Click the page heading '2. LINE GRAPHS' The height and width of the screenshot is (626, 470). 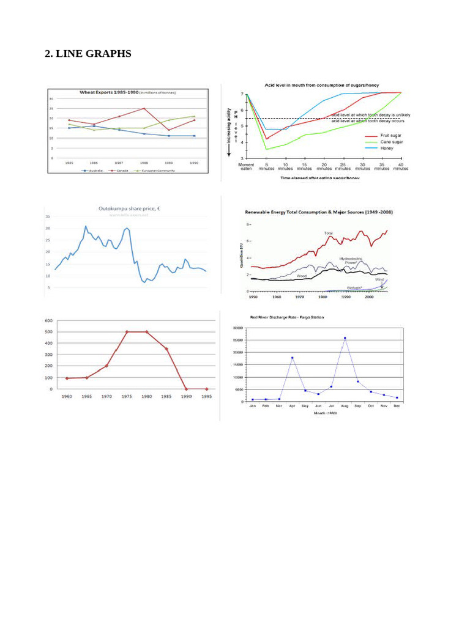pos(88,54)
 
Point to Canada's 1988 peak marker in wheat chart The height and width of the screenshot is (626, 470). pos(144,108)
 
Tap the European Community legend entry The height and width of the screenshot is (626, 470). pos(157,171)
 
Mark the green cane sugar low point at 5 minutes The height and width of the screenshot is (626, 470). pos(266,149)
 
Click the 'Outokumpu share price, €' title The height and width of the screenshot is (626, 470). pos(130,208)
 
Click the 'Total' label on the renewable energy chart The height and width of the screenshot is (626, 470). pos(329,233)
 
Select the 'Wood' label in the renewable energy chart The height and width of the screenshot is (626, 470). pos(301,276)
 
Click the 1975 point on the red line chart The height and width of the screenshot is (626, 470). pos(127,332)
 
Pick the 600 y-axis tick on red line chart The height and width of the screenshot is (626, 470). pos(48,320)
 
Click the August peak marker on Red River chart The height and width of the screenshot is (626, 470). pos(345,337)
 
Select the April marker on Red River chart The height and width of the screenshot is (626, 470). pos(292,358)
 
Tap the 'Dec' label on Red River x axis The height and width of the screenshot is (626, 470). pos(397,406)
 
